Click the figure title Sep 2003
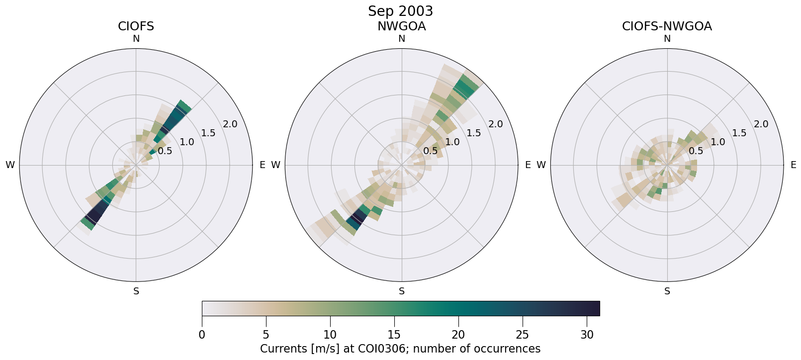tap(400, 11)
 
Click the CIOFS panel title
tap(136, 26)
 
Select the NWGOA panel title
tap(401, 26)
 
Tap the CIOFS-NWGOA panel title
tap(667, 26)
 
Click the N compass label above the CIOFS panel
tap(136, 39)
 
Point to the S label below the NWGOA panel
tap(402, 291)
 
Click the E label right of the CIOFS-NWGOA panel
tap(793, 165)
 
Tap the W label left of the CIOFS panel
tap(10, 165)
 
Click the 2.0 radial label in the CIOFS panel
tap(230, 124)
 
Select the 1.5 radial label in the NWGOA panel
tap(474, 133)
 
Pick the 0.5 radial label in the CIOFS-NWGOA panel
tap(696, 151)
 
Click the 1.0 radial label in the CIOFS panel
tap(187, 142)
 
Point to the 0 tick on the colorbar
tap(202, 335)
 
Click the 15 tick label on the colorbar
tap(394, 335)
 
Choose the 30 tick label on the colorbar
tap(587, 335)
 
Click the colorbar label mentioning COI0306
tap(400, 349)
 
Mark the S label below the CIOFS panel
tap(136, 291)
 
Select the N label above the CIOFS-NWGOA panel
tap(667, 39)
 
